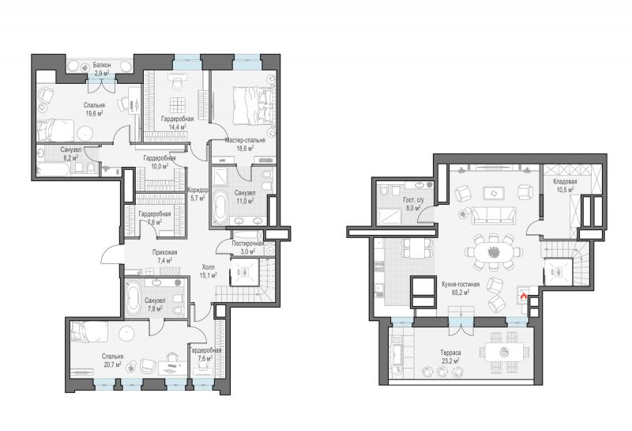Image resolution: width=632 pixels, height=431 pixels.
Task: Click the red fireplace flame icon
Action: pyautogui.click(x=524, y=297)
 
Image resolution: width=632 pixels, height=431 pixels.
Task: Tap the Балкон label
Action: pyautogui.click(x=102, y=65)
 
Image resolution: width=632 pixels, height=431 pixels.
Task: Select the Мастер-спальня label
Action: pyautogui.click(x=245, y=141)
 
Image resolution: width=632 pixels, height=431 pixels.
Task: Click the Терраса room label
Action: pyautogui.click(x=450, y=353)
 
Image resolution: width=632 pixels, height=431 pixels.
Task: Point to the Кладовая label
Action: pyautogui.click(x=565, y=182)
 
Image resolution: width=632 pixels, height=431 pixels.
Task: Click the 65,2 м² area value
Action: pyautogui.click(x=460, y=293)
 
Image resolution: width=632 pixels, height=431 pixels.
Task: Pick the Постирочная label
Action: pyautogui.click(x=248, y=244)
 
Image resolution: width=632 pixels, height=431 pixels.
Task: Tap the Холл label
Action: pyautogui.click(x=208, y=267)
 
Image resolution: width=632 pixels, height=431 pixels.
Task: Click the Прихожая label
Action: pyautogui.click(x=164, y=252)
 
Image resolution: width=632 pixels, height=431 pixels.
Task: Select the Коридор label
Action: pyautogui.click(x=197, y=190)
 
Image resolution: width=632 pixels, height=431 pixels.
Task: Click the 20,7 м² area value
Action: pyautogui.click(x=112, y=365)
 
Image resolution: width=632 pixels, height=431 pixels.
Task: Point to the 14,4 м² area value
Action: pyautogui.click(x=177, y=127)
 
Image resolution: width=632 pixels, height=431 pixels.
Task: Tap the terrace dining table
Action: pyautogui.click(x=505, y=352)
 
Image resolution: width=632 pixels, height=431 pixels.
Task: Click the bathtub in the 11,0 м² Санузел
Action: pyautogui.click(x=220, y=206)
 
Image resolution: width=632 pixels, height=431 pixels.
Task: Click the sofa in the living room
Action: pyautogui.click(x=493, y=215)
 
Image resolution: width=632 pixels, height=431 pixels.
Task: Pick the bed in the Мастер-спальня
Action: pyautogui.click(x=254, y=105)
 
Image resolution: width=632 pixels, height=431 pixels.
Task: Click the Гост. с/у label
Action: pyautogui.click(x=413, y=200)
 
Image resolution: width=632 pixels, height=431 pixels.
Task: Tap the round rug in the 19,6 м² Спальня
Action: pyautogui.click(x=85, y=133)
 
